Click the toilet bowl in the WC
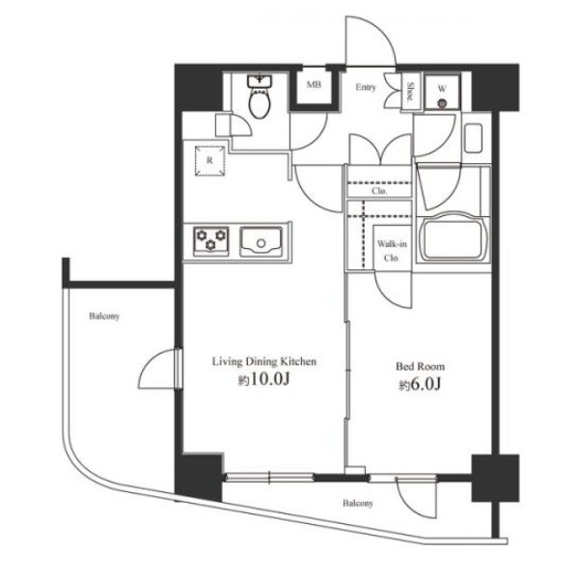pos(261,103)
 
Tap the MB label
pos(314,85)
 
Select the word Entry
pos(366,87)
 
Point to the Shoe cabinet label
pos(410,92)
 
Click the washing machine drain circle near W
pos(442,104)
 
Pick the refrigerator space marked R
pos(209,160)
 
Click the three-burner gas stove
pos(211,241)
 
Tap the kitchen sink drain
pos(262,243)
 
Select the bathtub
pos(454,236)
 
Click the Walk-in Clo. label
pos(392,251)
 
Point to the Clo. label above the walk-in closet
pos(379,191)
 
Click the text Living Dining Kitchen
pos(264,361)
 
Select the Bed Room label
pos(421,367)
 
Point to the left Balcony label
pos(104,317)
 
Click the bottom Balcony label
pos(358,503)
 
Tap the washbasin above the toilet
pos(260,81)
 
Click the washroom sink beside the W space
pos(473,138)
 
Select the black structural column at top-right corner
pos(495,87)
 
